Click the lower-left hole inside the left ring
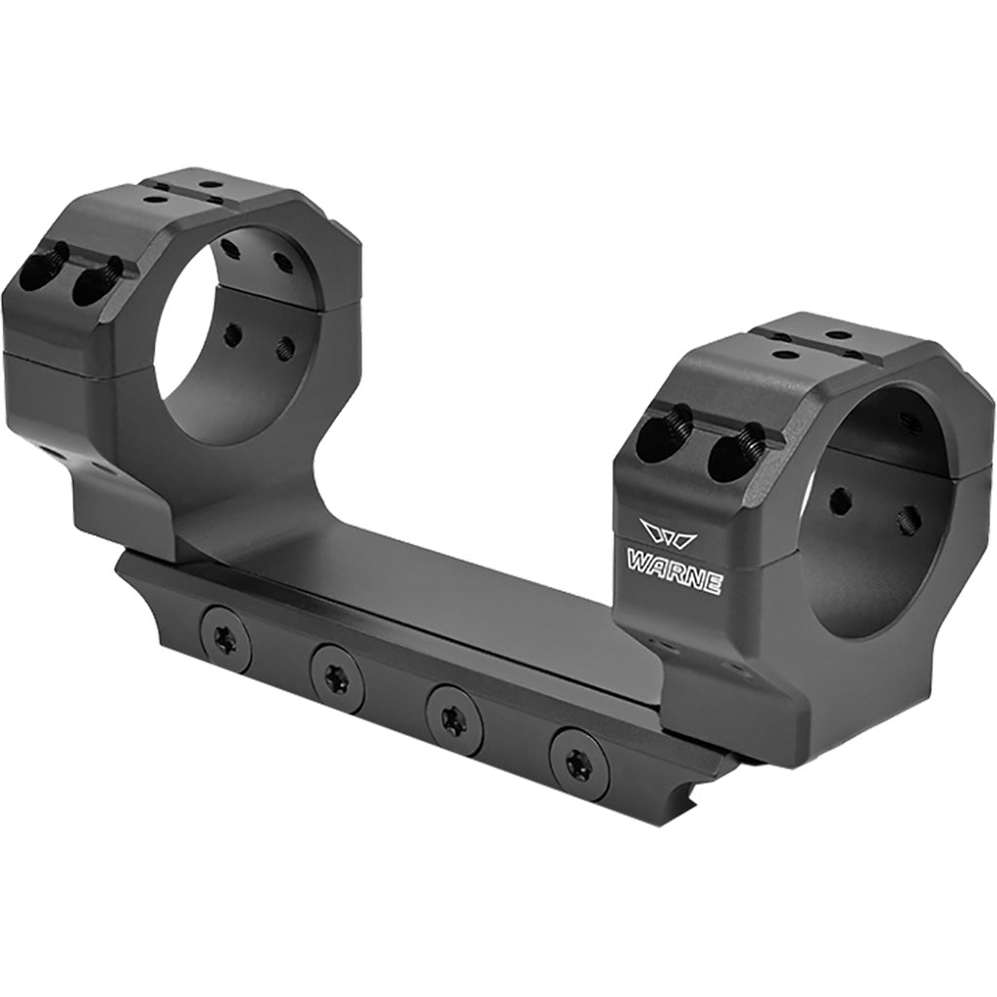(232, 337)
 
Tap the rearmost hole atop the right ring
(835, 336)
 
